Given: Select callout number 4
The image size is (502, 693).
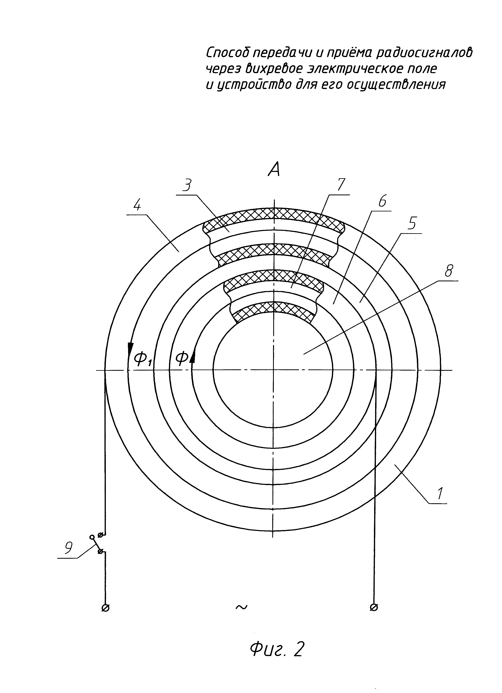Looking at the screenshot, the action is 137,206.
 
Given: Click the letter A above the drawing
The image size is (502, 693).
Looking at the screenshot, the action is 274,169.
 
